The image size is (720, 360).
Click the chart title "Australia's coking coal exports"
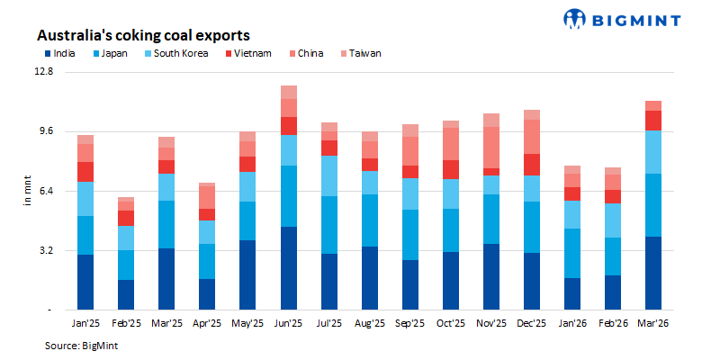142,35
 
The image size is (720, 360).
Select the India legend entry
60,54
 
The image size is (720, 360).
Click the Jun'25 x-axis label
288,321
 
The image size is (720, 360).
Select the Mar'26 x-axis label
653,321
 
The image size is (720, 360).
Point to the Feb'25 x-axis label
126,321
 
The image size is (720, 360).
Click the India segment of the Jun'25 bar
288,268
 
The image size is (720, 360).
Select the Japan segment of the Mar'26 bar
653,205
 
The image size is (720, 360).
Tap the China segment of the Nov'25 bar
491,148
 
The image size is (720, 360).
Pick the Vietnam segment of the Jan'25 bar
85,171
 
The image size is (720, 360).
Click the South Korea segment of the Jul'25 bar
328,175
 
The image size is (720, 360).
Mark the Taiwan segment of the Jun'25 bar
288,92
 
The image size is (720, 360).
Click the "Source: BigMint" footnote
82,345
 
